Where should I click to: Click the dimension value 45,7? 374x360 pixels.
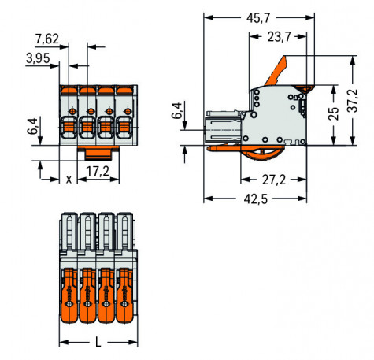coord(258,18)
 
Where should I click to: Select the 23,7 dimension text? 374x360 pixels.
coord(279,37)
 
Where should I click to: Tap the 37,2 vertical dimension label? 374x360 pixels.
coord(353,101)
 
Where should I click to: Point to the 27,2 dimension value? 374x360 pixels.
coord(274,180)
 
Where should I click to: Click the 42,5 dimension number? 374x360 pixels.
coord(256,199)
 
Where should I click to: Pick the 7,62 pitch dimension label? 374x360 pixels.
coord(47,39)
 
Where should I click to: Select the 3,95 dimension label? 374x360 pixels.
coord(38,58)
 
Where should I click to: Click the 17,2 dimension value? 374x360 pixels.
coord(98,171)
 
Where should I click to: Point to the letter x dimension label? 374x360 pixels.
coord(69,180)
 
